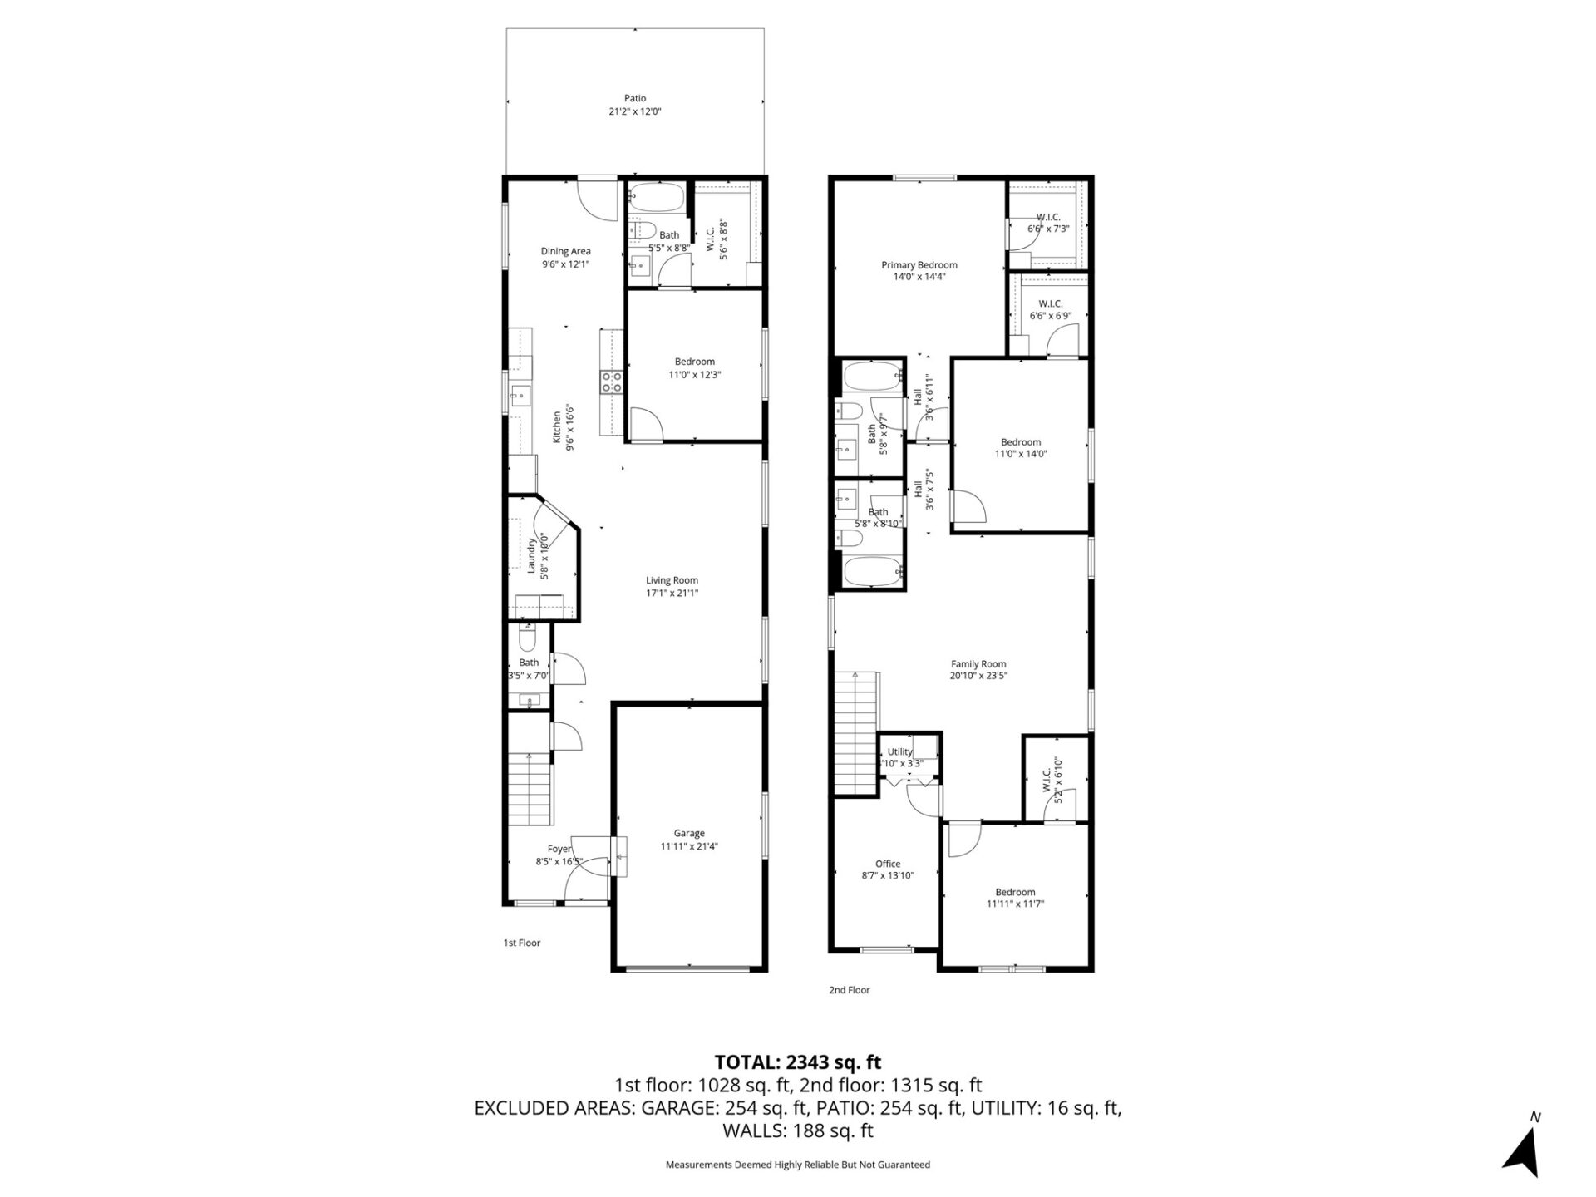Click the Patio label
coord(635,98)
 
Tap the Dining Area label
coord(565,251)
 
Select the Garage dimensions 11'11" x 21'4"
coord(689,846)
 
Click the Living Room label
coord(672,580)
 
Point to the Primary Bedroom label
coord(919,265)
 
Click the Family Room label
coord(978,663)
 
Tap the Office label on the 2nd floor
coord(888,864)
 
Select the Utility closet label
coord(900,751)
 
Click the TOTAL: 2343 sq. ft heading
coord(798,1062)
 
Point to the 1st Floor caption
coord(522,943)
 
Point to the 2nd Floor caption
coord(849,990)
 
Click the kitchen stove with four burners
coord(612,381)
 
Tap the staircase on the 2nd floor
coord(855,731)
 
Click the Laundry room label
coord(531,554)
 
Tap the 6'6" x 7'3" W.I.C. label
coord(1048,217)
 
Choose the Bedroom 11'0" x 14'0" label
coord(1020,442)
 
